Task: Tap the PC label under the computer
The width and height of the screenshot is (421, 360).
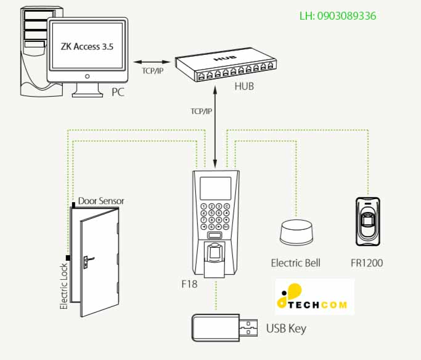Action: click(x=118, y=92)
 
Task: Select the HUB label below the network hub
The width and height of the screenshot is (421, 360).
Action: click(x=243, y=86)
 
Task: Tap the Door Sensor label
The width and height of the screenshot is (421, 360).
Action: click(x=101, y=201)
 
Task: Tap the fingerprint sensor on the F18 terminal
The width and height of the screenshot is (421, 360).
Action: click(x=214, y=253)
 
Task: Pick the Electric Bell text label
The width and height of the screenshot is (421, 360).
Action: click(x=295, y=263)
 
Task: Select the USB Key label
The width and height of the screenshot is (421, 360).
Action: click(x=285, y=328)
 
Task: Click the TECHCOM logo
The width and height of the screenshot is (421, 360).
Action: click(x=314, y=297)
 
